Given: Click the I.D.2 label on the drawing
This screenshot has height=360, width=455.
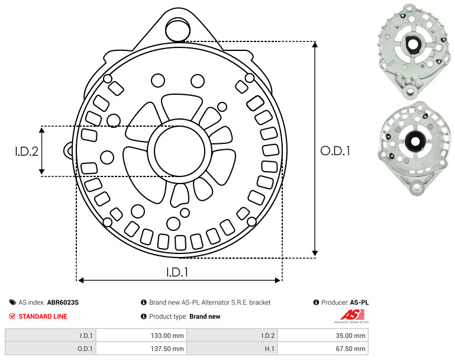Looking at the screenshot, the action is coord(27,152).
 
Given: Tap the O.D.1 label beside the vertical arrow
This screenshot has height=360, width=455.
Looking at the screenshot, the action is coord(335,151).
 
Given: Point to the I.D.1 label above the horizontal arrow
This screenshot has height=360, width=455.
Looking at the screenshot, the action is coord(178,272).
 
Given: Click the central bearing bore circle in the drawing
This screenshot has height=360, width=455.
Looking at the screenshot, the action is coord(180,151).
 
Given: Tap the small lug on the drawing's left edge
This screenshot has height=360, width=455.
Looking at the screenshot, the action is coord(68,150).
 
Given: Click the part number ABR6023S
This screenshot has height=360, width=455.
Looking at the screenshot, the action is coord(63,303).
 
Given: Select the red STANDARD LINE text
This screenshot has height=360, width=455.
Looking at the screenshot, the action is coord(43,316).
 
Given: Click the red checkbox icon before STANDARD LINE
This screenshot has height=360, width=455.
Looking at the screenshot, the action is coord(12,316).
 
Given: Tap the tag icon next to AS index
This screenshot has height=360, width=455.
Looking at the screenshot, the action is coord(12,303).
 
